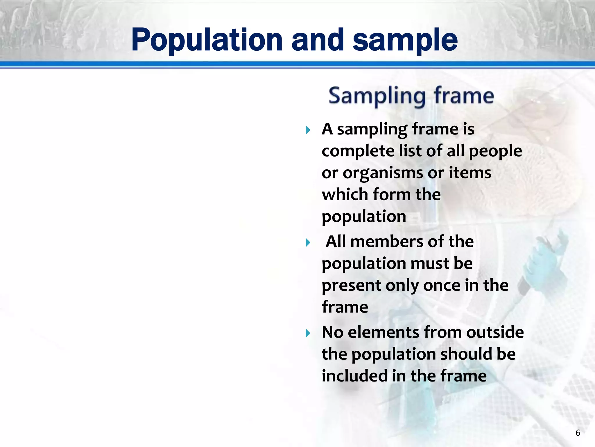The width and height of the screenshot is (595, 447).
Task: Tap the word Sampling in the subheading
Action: (x=377, y=96)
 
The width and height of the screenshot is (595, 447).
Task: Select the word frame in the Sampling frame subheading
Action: (x=464, y=96)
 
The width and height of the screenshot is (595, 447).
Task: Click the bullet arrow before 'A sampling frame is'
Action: (x=308, y=130)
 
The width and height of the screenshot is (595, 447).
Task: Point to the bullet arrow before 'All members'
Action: (x=308, y=242)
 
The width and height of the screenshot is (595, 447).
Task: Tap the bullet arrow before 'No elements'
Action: (x=308, y=333)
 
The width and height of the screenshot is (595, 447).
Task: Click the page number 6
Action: (x=578, y=433)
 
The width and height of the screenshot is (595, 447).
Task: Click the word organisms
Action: (x=383, y=173)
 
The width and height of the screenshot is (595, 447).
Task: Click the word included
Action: (x=354, y=376)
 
